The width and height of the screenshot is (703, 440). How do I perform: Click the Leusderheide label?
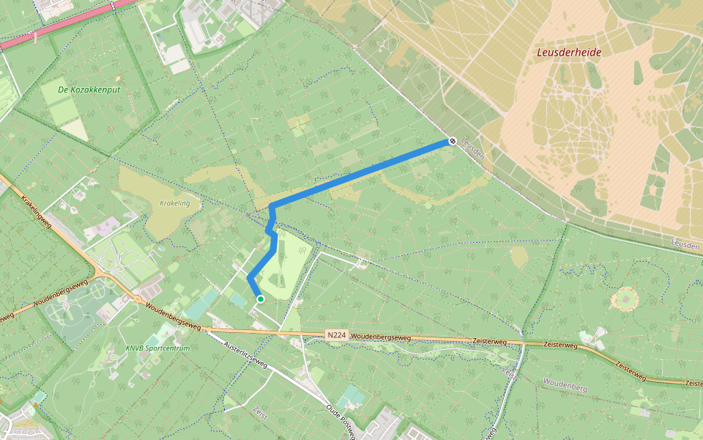[569, 52]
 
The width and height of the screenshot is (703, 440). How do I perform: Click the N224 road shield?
[336, 335]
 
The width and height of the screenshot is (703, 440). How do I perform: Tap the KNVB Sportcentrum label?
[157, 348]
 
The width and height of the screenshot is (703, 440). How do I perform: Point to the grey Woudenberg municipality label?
[565, 382]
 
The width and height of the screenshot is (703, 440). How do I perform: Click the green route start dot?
[260, 298]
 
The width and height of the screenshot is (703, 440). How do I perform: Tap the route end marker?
[453, 141]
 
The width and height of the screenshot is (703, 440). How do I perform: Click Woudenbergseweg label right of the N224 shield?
[381, 337]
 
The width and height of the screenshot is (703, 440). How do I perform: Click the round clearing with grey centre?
[625, 298]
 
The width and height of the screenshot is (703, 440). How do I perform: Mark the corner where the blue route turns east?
[272, 205]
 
